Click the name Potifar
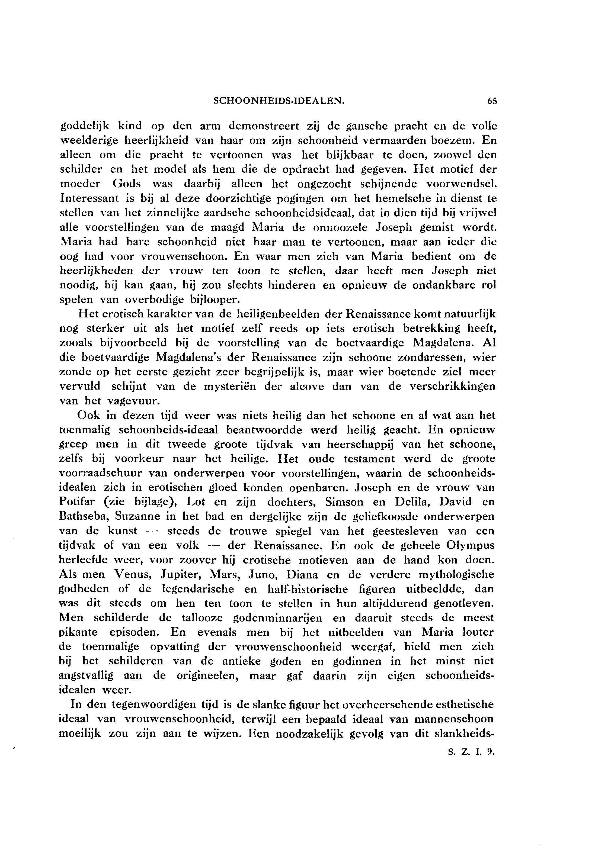coord(78,502)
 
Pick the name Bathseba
coord(84,517)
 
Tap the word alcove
coord(303,387)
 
